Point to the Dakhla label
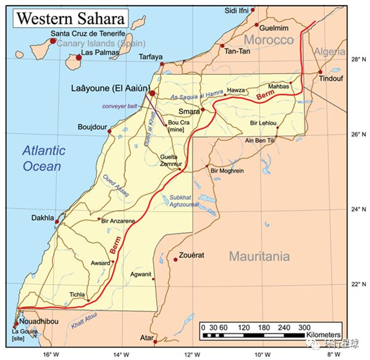(x=43, y=217)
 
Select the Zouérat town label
(x=192, y=255)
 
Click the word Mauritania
(x=259, y=256)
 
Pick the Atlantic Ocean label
(x=42, y=158)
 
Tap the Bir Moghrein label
(x=228, y=170)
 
